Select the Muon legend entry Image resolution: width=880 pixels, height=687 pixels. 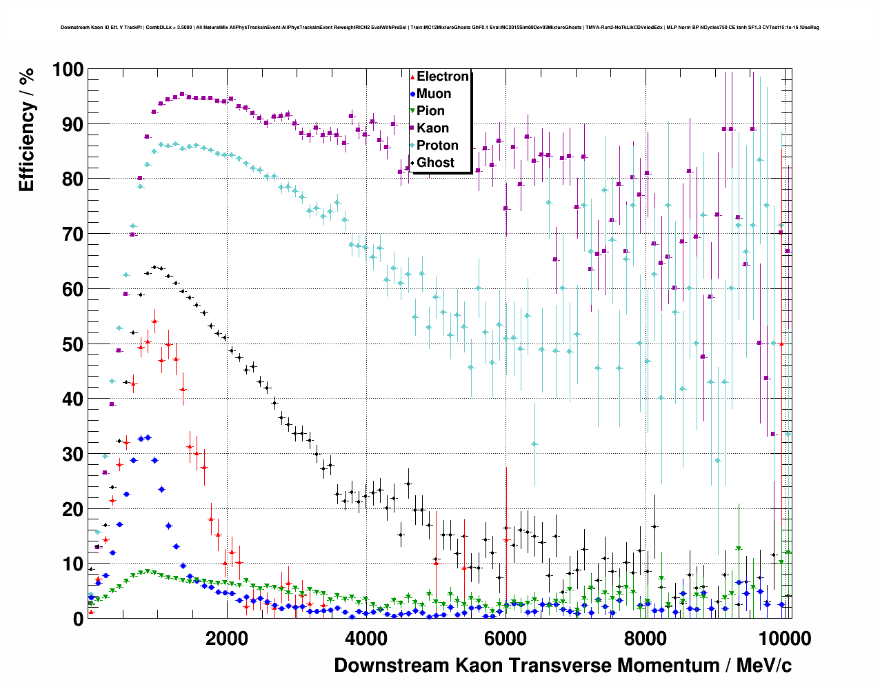[434, 94]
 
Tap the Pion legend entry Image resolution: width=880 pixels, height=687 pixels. [430, 111]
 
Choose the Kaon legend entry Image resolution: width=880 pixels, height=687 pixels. [432, 128]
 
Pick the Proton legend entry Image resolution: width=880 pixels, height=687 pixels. [437, 146]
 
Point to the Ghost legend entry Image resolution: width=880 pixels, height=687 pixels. [435, 163]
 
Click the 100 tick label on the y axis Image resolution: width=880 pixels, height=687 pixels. [68, 70]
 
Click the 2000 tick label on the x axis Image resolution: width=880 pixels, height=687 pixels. [227, 638]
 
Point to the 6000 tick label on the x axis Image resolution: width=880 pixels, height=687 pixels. [506, 638]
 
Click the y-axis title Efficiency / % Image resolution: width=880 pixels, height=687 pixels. [26, 130]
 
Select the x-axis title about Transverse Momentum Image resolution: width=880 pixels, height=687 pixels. [563, 666]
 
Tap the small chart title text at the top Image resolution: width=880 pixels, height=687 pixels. [439, 28]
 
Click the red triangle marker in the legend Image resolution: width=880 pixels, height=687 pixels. [412, 77]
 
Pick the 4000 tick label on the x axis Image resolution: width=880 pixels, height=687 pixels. [366, 638]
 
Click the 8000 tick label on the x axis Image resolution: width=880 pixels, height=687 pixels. [645, 638]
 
